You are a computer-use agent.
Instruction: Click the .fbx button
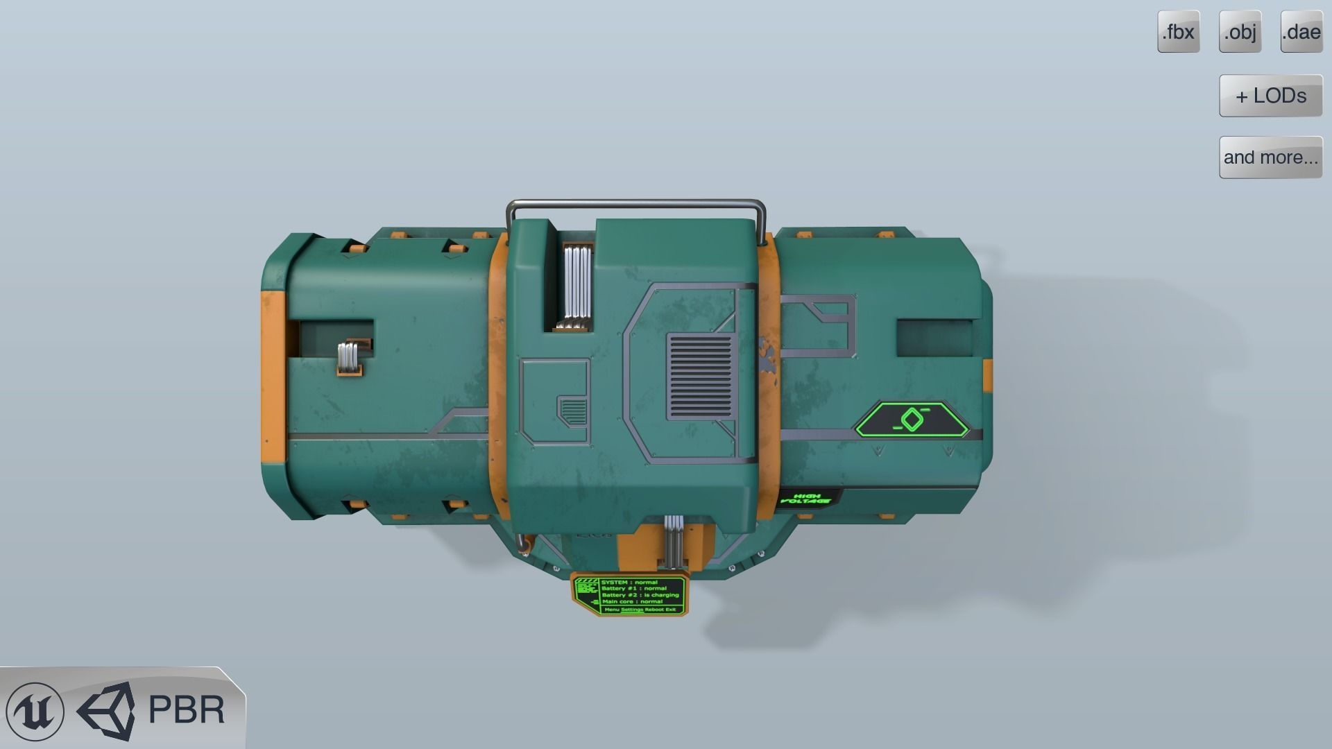coord(1178,32)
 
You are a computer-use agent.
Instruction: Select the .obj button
coord(1240,32)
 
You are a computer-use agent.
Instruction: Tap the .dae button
coord(1301,32)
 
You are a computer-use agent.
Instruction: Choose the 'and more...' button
coord(1270,157)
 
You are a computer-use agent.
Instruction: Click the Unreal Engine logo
coord(35,711)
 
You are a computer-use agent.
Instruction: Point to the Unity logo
coord(108,711)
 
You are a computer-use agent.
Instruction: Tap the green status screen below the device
coord(630,595)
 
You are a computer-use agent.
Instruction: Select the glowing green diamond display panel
coord(912,420)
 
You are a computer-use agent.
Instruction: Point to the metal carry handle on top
coord(635,204)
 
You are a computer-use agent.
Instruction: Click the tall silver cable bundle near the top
coord(577,286)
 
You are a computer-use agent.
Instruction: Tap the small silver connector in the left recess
coord(349,358)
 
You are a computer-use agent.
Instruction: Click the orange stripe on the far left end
coord(273,378)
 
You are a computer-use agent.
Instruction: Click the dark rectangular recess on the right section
coord(934,338)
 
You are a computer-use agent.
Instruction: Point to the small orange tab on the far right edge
coord(987,374)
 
